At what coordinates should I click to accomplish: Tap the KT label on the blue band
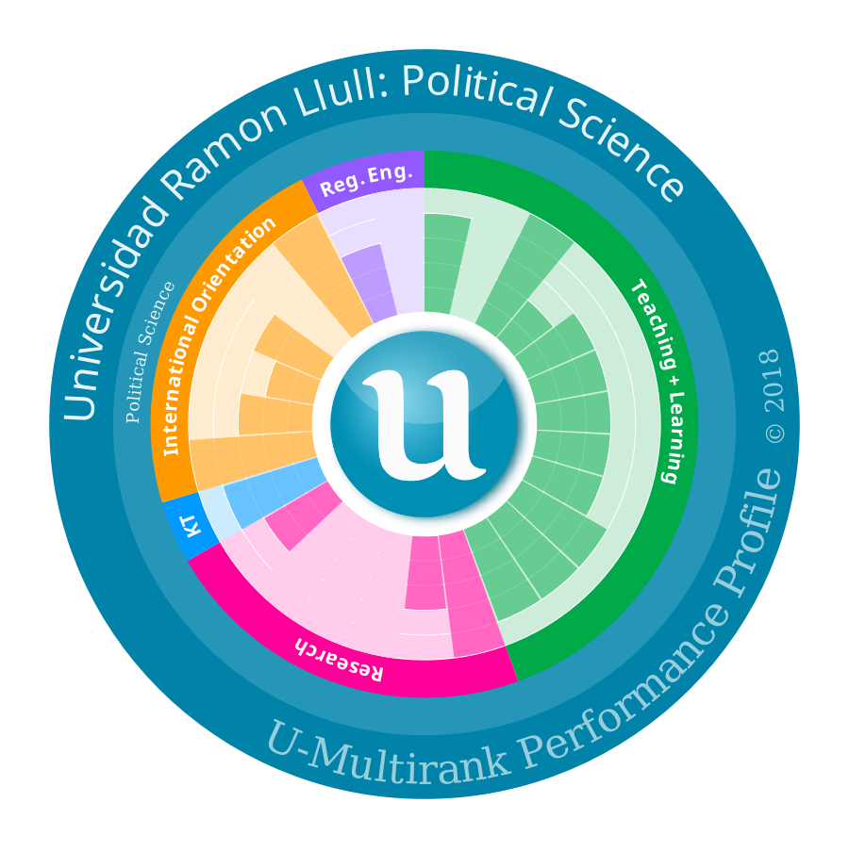coord(191,526)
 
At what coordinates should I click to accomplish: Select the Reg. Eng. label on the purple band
coord(364,180)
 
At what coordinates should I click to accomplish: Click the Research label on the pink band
coord(340,660)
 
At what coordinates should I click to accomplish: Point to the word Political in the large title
coord(474,90)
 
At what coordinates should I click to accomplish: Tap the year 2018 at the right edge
coord(771,381)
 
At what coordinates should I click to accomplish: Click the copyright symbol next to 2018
coord(774,433)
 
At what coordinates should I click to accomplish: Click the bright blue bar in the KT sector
coord(272,493)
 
